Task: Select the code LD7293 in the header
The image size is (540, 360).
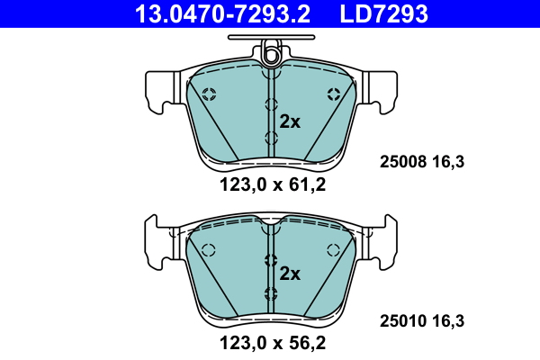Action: pos(383,13)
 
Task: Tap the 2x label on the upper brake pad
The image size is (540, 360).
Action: pos(289,122)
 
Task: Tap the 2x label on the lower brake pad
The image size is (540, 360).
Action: pos(289,273)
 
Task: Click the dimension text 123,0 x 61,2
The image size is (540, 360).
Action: pos(271,186)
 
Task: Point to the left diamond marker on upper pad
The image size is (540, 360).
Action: pos(209,94)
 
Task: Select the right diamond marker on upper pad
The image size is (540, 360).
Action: pos(334,94)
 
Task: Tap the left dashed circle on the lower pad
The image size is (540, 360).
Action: pos(208,250)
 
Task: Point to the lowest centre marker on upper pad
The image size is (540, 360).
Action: pos(271,138)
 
